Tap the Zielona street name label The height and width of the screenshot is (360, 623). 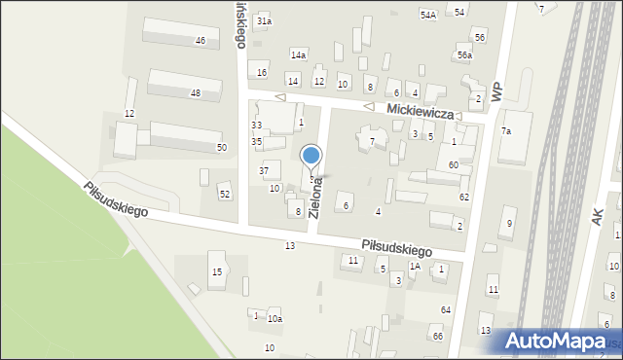(315, 197)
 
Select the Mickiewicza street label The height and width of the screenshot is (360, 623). (421, 113)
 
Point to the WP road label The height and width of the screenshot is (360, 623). (497, 90)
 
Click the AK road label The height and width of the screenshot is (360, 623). (598, 216)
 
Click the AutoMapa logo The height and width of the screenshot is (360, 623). (562, 341)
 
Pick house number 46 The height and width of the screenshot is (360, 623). (201, 41)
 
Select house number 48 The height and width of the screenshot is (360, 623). (196, 93)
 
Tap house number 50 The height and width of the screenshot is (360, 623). (222, 147)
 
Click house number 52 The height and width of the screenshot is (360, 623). (225, 195)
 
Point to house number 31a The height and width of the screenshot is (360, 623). (264, 20)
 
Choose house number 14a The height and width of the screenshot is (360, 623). (298, 55)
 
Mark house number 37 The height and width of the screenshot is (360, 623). (263, 170)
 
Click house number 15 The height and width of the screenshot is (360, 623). (217, 271)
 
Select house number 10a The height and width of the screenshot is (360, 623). (275, 319)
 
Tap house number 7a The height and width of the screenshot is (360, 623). (505, 131)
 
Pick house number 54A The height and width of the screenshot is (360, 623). (427, 15)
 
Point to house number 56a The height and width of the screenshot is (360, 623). (465, 55)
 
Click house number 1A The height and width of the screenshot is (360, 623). (415, 266)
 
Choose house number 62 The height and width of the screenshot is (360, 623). (464, 198)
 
